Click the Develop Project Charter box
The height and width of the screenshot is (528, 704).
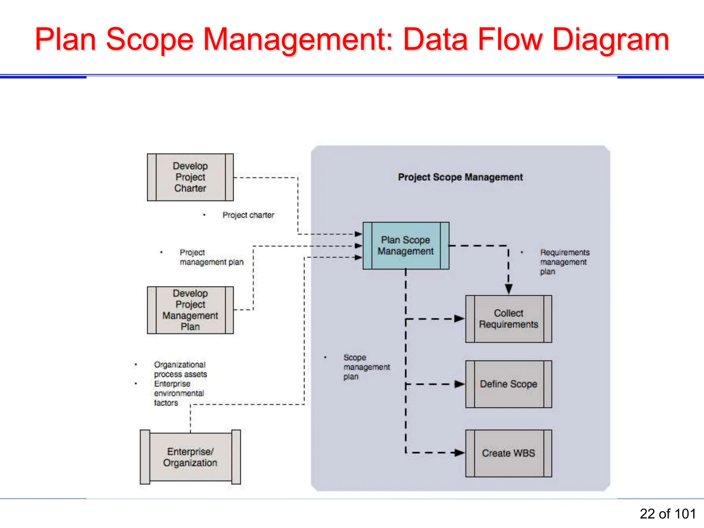190,177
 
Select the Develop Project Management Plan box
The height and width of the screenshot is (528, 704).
190,310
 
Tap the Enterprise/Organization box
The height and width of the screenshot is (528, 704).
190,457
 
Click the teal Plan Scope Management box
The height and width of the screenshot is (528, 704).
406,245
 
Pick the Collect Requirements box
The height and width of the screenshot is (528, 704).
508,319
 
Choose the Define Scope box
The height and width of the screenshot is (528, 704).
508,384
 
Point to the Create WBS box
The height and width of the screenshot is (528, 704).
508,453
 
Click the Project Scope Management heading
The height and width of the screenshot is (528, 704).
460,177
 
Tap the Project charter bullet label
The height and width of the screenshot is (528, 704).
248,215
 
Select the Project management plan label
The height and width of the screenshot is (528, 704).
211,257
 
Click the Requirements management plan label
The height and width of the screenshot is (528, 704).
564,262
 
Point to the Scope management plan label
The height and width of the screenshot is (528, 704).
366,367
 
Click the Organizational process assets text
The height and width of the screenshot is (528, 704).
180,369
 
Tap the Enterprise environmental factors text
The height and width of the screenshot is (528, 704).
179,393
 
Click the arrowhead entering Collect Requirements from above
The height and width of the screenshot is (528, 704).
509,289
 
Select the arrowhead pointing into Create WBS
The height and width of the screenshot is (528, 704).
459,453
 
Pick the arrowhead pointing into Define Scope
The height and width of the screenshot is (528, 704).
459,384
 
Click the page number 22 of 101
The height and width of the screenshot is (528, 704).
668,514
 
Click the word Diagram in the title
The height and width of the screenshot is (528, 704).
611,40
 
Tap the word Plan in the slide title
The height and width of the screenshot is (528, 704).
65,40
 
